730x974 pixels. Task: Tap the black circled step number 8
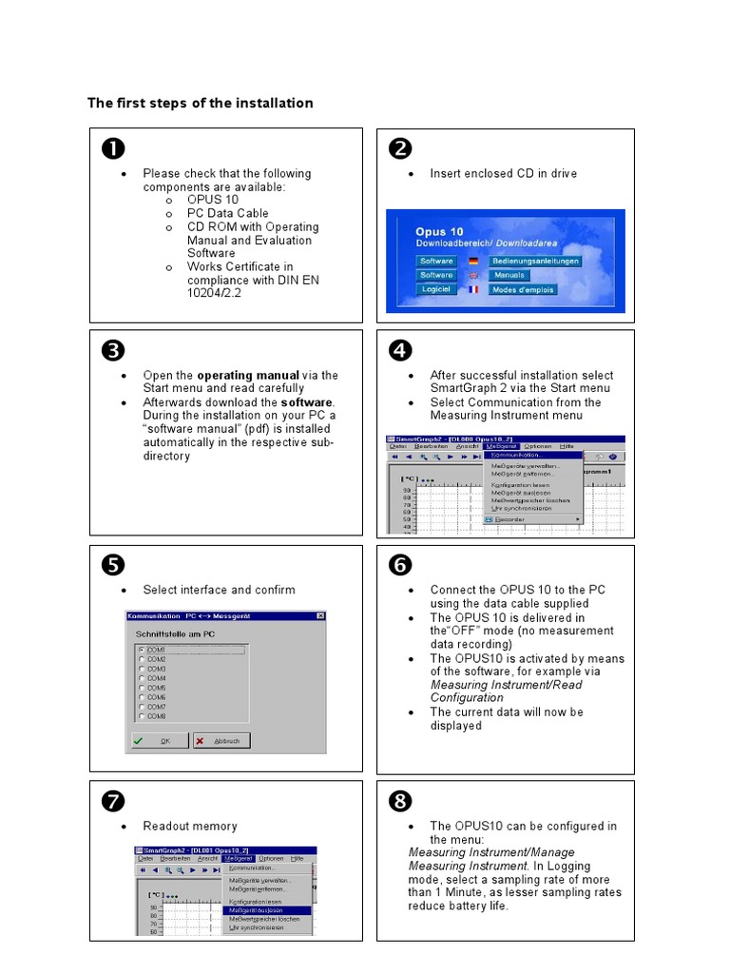point(399,802)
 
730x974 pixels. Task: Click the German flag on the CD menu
point(472,261)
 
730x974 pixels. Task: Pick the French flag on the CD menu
point(472,289)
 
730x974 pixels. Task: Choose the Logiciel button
point(436,289)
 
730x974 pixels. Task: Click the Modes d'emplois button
point(523,289)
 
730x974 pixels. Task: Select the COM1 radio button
point(143,650)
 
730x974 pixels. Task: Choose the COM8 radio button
point(143,715)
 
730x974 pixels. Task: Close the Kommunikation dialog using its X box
point(319,616)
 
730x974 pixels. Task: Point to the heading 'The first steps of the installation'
point(201,103)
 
